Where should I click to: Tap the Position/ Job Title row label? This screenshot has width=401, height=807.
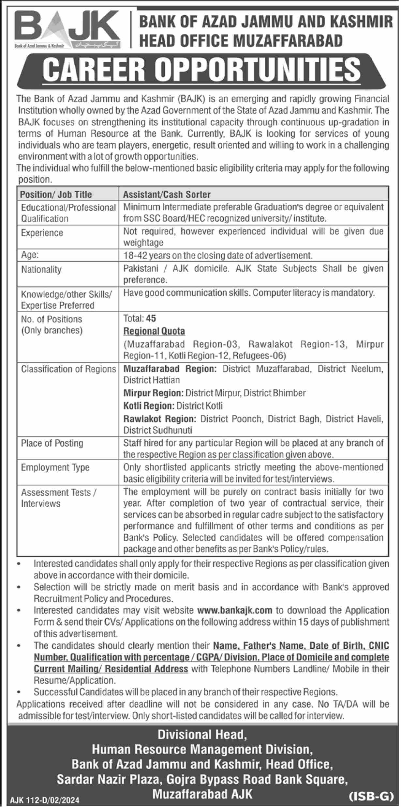(56, 195)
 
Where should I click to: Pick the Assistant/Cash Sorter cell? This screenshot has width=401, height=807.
(167, 195)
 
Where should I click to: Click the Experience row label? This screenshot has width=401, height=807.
(42, 233)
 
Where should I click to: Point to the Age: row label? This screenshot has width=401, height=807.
(30, 255)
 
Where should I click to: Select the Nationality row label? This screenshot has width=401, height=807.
(41, 270)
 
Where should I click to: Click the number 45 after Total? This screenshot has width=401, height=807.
(151, 318)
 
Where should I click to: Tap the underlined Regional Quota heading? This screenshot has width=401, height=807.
(154, 331)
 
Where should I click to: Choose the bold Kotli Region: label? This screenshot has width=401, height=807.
(149, 406)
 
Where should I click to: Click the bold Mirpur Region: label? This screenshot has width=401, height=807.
(153, 393)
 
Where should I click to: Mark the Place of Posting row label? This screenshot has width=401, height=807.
(52, 443)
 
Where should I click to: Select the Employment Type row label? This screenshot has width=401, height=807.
(55, 467)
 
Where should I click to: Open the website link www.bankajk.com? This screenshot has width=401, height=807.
(235, 610)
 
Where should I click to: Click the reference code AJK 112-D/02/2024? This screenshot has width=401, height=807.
(45, 800)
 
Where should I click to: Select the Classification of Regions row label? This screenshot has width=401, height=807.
(68, 369)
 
